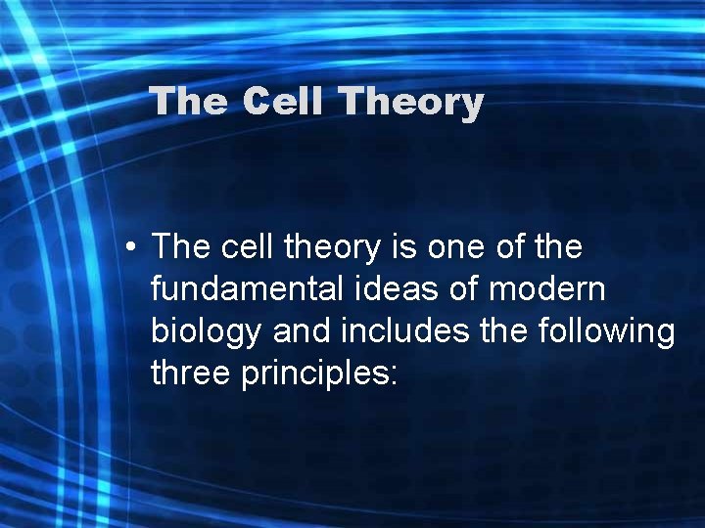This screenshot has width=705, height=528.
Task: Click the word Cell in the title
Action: [x=282, y=102]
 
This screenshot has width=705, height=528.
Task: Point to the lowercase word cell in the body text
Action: [x=246, y=248]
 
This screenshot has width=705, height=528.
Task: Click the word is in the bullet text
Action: [x=406, y=248]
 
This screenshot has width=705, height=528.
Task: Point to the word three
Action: [x=191, y=374]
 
